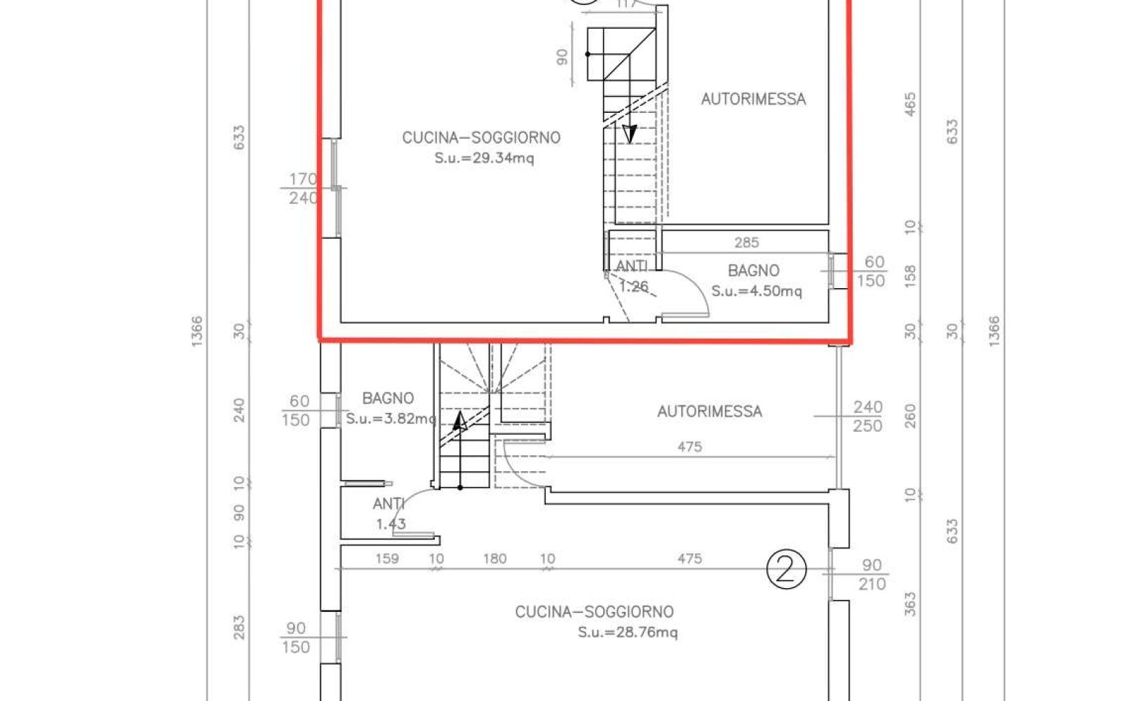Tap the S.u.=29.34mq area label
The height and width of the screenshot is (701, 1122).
tap(485, 158)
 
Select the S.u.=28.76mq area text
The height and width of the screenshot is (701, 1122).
tap(628, 632)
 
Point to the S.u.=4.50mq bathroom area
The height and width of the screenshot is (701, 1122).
tap(757, 291)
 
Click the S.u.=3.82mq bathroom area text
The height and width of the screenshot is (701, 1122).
tap(391, 418)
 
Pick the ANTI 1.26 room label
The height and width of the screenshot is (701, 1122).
tap(633, 276)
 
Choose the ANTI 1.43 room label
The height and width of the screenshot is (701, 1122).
tap(389, 514)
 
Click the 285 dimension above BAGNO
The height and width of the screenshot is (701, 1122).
tap(746, 243)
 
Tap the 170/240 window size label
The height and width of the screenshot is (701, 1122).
tap(303, 189)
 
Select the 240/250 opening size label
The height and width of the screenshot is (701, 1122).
tap(867, 416)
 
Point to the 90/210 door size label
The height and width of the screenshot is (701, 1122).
tap(872, 575)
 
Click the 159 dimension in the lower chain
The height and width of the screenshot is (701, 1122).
tap(387, 558)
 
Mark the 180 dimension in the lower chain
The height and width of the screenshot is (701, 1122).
tap(495, 558)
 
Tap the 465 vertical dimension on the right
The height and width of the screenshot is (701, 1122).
tap(910, 104)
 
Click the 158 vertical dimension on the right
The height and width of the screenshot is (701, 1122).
tap(910, 276)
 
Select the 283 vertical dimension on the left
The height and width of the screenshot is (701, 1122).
tap(239, 628)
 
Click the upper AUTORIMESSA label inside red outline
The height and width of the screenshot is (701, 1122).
tap(753, 99)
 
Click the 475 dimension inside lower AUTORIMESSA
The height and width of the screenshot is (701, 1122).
tap(690, 447)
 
